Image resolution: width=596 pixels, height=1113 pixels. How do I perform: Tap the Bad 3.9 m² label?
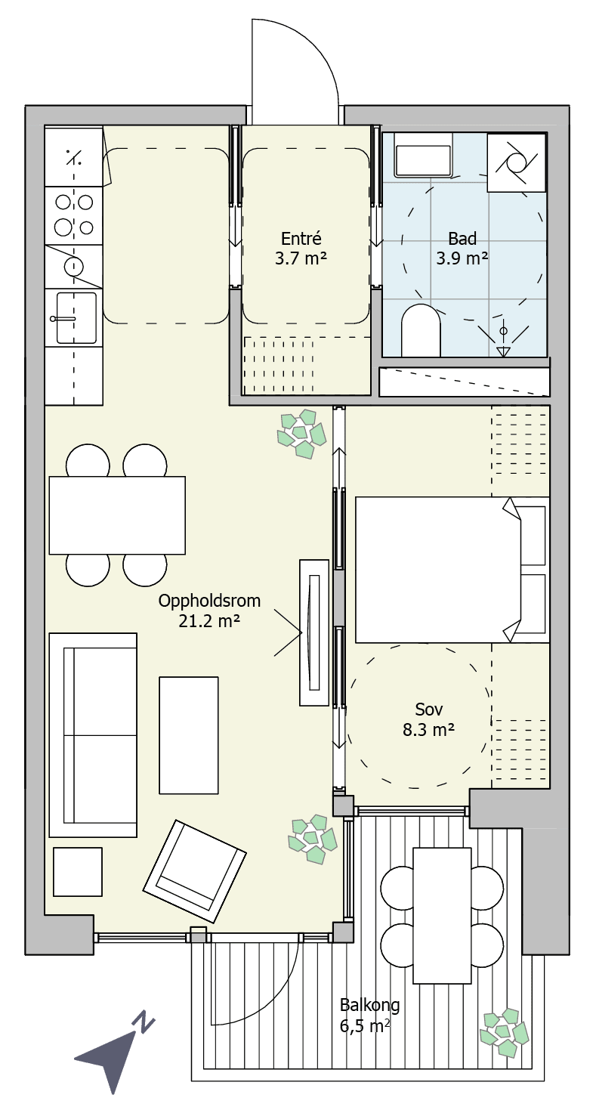click(462, 249)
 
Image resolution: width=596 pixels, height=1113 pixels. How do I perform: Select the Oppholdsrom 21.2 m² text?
click(209, 611)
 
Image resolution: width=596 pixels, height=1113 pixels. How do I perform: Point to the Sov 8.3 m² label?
click(428, 719)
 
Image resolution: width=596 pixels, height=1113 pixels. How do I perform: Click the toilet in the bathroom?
click(420, 330)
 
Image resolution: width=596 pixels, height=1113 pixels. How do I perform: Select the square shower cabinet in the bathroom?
click(517, 162)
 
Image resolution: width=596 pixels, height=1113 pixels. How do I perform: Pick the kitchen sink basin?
click(76, 318)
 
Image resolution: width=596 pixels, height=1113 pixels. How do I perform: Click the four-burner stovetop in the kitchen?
click(74, 215)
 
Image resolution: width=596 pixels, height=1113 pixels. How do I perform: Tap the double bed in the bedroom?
click(452, 570)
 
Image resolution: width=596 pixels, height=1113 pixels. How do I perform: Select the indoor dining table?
click(117, 515)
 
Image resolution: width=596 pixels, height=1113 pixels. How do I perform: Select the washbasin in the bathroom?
click(423, 154)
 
